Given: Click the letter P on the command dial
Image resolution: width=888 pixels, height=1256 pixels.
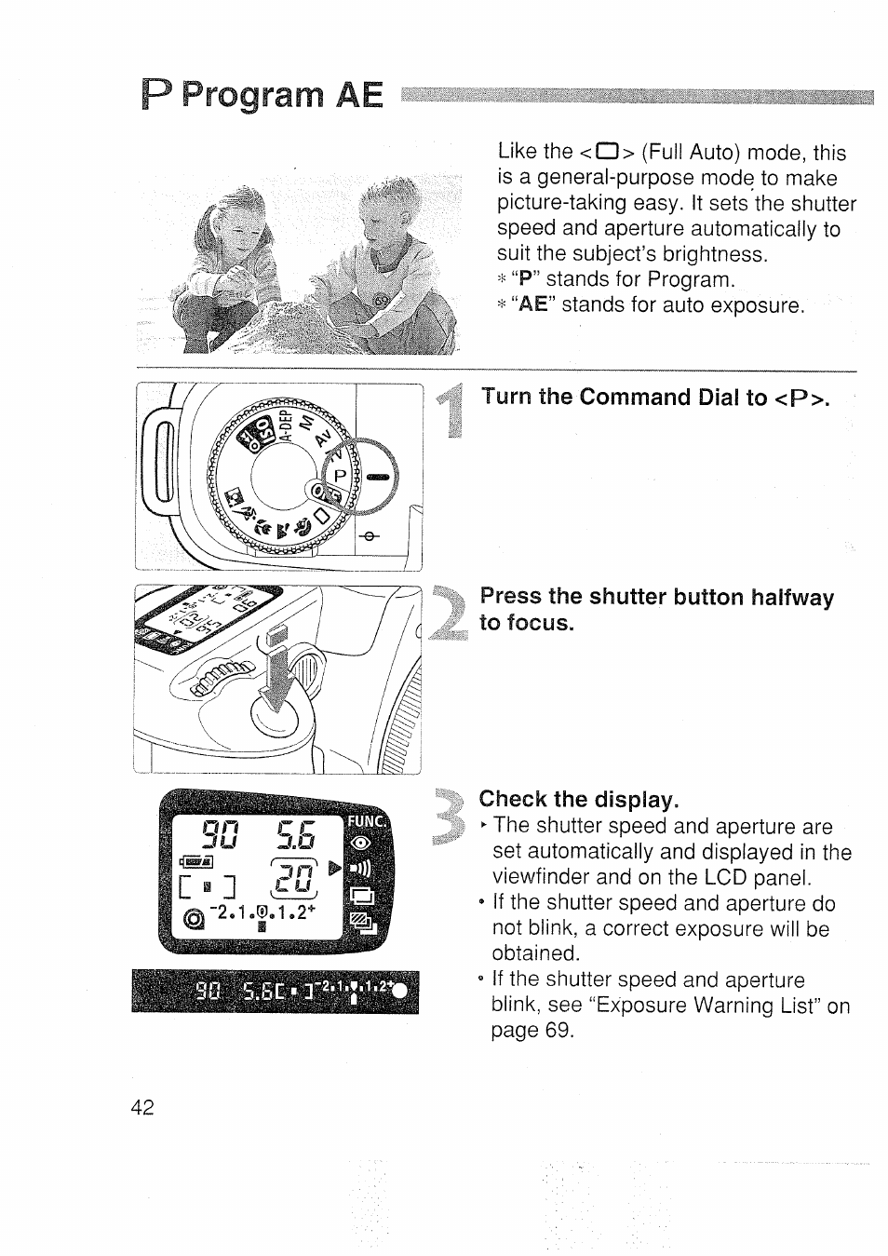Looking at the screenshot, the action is click(341, 475).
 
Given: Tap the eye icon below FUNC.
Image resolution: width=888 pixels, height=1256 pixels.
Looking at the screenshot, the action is click(362, 844).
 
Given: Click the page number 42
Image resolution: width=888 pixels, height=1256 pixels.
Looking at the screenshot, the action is click(142, 1107).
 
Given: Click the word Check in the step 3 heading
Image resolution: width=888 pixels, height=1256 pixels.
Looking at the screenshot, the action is click(513, 800).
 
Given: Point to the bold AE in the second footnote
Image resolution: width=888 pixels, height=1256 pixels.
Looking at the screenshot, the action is click(532, 305).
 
